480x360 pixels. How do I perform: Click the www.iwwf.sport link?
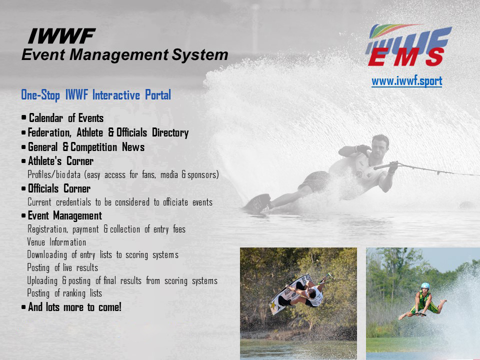(x=407, y=81)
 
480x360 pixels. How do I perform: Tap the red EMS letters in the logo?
(x=405, y=57)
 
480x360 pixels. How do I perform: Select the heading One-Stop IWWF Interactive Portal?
(x=96, y=95)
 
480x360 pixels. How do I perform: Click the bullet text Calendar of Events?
(x=66, y=118)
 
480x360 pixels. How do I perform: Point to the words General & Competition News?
(x=86, y=147)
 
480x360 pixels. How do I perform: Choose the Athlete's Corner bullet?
(x=60, y=160)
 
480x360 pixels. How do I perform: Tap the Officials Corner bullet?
(x=59, y=188)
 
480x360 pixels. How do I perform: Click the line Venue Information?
(x=56, y=242)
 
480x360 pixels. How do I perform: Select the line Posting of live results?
(x=62, y=267)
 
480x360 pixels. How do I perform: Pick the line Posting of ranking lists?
(x=64, y=293)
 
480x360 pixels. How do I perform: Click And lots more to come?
(x=74, y=306)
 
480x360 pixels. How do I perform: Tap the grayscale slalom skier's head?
(x=380, y=146)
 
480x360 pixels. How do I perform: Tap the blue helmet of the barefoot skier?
(x=425, y=286)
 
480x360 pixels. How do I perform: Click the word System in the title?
(x=200, y=55)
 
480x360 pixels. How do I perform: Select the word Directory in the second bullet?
(x=170, y=132)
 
